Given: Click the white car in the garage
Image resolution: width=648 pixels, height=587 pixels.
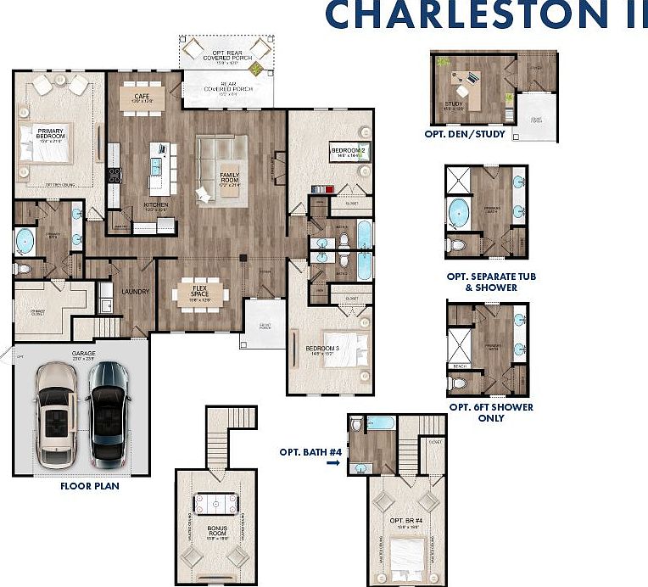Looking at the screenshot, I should [x=57, y=413].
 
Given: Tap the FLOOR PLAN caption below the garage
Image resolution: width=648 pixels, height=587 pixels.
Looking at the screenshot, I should [x=89, y=486].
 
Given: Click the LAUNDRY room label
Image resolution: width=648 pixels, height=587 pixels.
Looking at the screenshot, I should [x=135, y=292].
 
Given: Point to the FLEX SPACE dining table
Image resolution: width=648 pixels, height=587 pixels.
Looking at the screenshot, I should [x=199, y=293].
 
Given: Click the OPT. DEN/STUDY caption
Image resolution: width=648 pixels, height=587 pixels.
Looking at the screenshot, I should [x=465, y=134].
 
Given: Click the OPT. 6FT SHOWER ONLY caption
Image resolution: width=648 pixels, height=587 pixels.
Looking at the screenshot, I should [x=491, y=412].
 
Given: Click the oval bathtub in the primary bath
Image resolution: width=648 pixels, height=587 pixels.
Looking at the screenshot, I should [x=24, y=241].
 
